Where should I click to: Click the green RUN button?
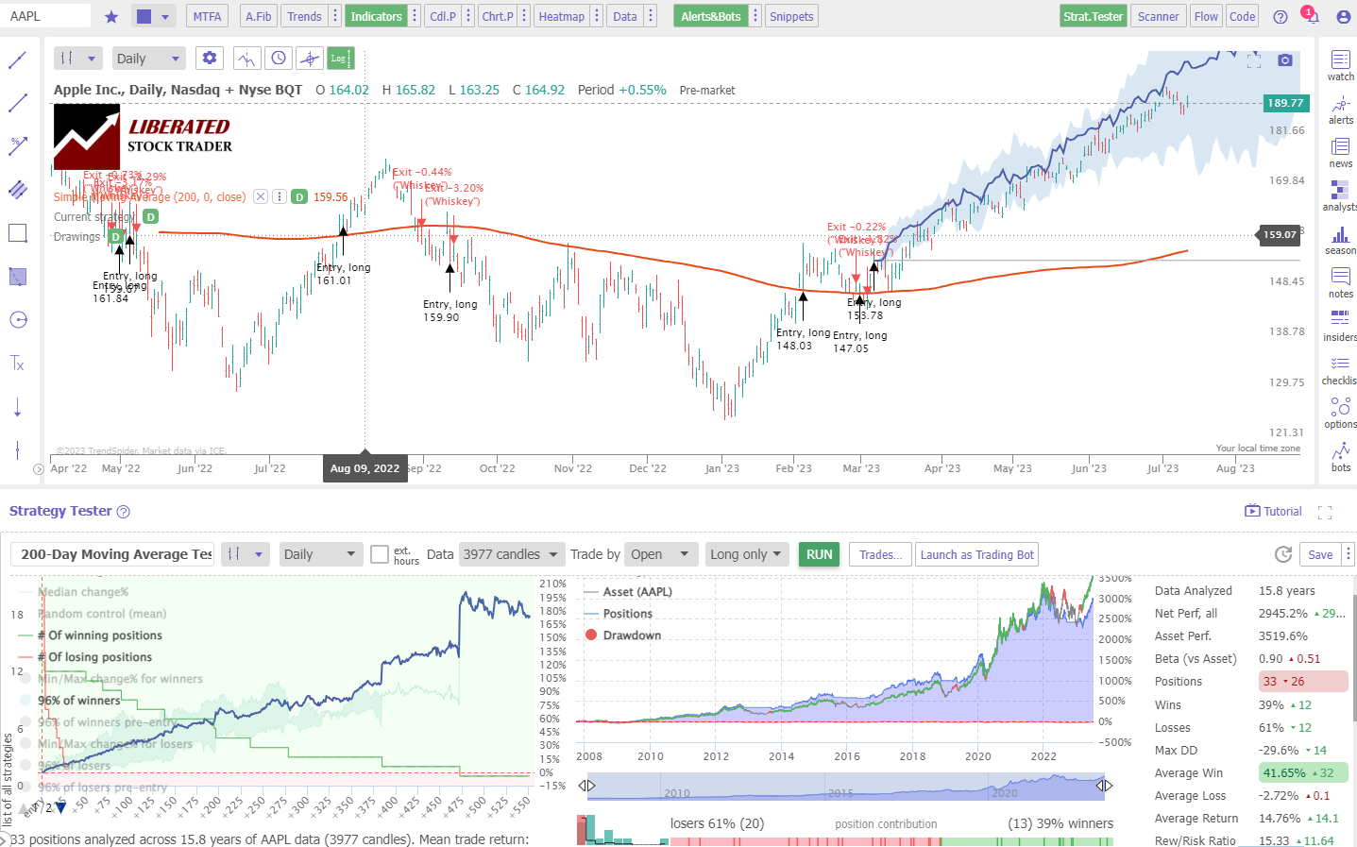click(820, 554)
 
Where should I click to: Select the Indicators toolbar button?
click(376, 16)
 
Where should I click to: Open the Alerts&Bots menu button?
click(710, 16)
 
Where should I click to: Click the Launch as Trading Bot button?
click(977, 554)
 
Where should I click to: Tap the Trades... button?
click(880, 554)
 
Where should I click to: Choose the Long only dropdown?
click(746, 554)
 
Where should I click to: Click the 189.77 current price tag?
click(1285, 103)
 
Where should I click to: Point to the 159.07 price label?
click(1280, 234)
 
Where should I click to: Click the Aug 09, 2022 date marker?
click(365, 468)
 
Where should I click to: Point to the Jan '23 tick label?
click(722, 468)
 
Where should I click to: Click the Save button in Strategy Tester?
click(1320, 554)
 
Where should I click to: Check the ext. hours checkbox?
click(380, 554)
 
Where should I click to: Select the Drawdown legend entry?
click(632, 635)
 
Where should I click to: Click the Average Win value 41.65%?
click(1284, 772)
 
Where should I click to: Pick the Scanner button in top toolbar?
click(1158, 16)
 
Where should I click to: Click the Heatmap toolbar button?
click(561, 16)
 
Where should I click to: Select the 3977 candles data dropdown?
click(510, 554)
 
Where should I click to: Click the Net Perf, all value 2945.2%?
click(1282, 613)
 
